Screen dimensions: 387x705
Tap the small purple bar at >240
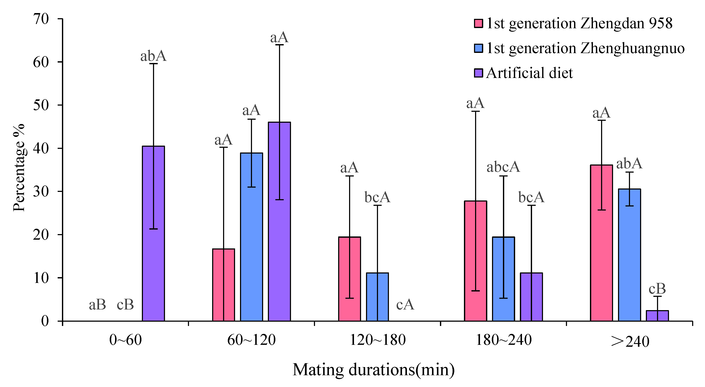tap(657, 316)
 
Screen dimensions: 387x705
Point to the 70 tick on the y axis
tap(41, 19)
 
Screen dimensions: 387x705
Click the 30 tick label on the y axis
tap(41, 191)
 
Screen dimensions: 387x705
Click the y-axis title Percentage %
tap(19, 167)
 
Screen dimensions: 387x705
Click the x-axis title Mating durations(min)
tap(373, 370)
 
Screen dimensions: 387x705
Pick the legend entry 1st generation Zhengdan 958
tap(579, 23)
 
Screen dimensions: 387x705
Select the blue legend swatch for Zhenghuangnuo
tap(478, 48)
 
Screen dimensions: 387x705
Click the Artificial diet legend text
tap(529, 73)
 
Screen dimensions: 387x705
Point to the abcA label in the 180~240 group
tap(503, 167)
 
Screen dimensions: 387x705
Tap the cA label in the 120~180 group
tap(405, 304)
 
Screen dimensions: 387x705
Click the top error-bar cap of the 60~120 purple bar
tap(279, 45)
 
